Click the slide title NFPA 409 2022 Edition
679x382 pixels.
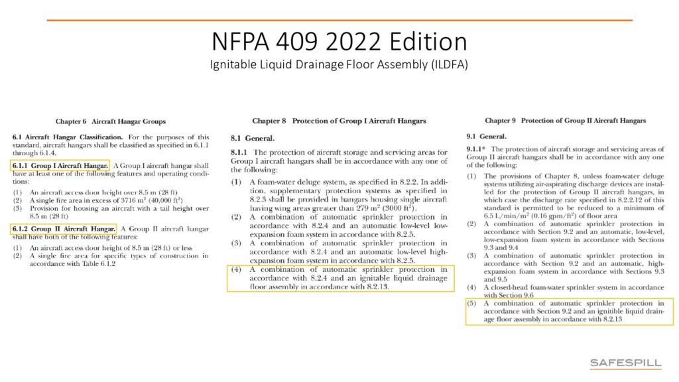coord(339,42)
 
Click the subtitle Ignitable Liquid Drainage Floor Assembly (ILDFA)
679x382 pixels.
coord(339,65)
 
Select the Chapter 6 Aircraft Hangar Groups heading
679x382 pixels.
coord(111,121)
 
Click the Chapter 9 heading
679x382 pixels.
coord(565,121)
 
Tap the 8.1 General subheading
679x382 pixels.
coord(252,138)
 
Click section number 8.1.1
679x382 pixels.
coord(239,153)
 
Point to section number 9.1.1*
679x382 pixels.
coord(477,149)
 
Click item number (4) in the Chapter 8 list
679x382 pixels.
coord(236,270)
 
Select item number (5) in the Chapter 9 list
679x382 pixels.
coord(471,304)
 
